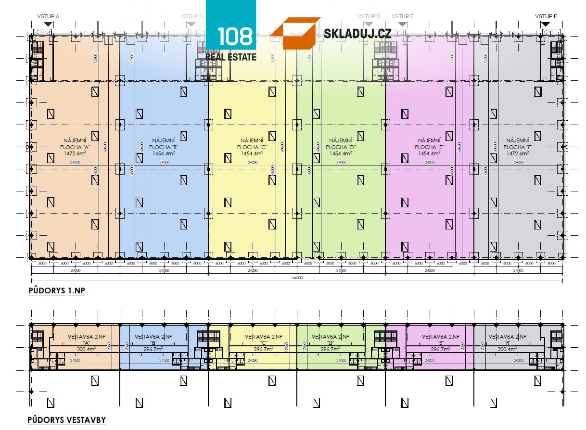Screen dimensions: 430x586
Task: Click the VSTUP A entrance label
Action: point(48,16)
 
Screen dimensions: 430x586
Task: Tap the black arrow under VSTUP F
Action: point(546,24)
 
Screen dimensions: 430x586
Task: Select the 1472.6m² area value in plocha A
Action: point(75,153)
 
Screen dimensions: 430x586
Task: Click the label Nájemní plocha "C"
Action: point(252,143)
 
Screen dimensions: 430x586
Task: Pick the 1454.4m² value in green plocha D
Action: point(340,153)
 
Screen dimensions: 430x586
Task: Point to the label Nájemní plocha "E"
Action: point(429,143)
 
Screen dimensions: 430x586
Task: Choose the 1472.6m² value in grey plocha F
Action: point(517,153)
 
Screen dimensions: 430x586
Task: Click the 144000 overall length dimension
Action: point(297,278)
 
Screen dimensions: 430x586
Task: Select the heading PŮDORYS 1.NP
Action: point(56,291)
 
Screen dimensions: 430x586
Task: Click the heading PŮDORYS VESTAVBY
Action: point(66,420)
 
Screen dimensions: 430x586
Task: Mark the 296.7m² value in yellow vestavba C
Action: point(264,350)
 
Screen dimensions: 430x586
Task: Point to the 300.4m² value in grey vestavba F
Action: point(507,350)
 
